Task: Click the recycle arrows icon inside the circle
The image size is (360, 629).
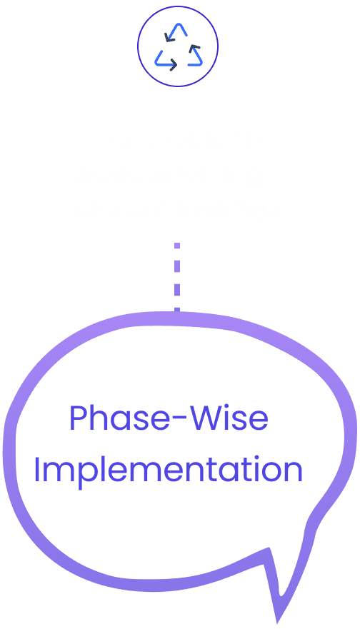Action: (x=179, y=47)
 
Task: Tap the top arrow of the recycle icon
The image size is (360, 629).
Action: (x=176, y=32)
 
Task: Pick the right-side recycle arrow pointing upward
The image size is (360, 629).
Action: (x=195, y=56)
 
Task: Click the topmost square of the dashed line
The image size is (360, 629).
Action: (x=177, y=246)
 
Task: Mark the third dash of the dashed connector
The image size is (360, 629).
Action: (x=177, y=290)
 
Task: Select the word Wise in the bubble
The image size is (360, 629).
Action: (x=229, y=418)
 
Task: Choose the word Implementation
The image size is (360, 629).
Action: (x=169, y=471)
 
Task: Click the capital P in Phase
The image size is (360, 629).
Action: (x=79, y=418)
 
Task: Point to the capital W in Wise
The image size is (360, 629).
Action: (x=206, y=418)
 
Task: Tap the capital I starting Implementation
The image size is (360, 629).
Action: (x=37, y=470)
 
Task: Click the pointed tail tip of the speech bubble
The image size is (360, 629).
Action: (x=277, y=623)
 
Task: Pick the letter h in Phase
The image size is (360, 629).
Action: (x=99, y=418)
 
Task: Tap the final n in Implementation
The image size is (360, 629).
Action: (x=294, y=473)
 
